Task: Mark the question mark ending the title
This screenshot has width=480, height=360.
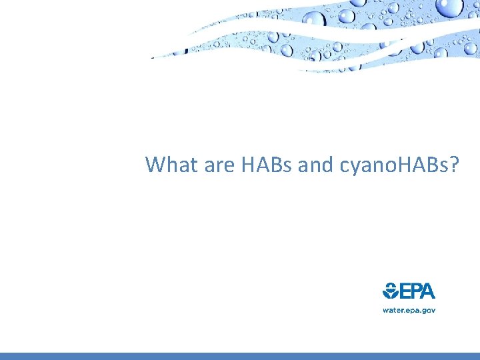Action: pos(454,164)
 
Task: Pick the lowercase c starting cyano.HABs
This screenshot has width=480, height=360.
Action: pos(345,166)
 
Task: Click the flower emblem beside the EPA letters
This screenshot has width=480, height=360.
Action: pos(390,291)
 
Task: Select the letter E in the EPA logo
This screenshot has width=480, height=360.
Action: pos(404,291)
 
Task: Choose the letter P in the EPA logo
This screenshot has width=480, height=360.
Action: pos(415,291)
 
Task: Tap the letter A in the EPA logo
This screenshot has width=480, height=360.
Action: pos(428,291)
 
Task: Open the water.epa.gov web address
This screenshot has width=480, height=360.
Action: pos(409,310)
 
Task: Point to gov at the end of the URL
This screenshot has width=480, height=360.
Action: pos(427,311)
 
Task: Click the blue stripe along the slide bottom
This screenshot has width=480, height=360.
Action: pos(240,356)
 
